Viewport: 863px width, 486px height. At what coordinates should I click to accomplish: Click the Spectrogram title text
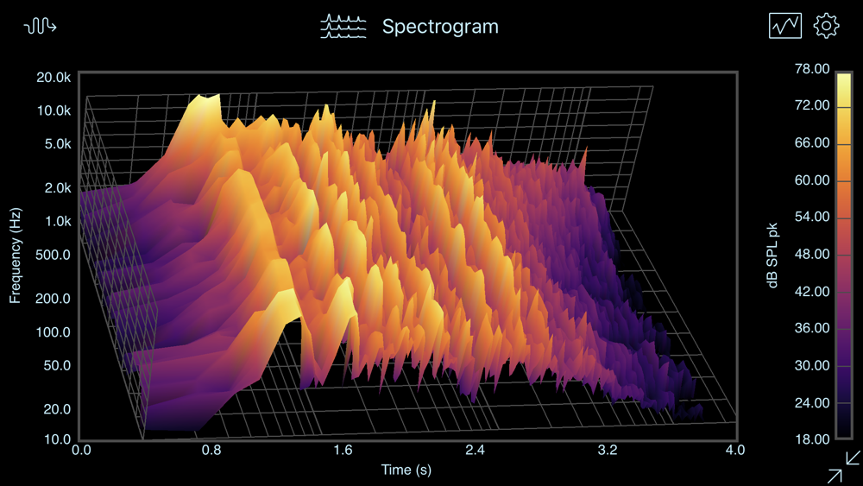point(440,27)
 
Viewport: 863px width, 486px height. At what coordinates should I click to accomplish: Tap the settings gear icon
point(826,26)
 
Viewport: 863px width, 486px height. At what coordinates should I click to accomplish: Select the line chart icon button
point(784,26)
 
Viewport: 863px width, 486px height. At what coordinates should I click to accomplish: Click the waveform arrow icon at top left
point(41,27)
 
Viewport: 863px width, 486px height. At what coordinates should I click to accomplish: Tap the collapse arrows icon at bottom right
point(843,466)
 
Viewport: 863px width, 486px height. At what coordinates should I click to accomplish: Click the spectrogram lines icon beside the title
point(343,27)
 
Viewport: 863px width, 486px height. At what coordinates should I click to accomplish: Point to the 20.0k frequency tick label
point(54,78)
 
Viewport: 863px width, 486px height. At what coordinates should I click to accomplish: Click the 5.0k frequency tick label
point(57,144)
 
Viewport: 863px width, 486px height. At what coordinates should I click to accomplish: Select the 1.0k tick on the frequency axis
point(57,222)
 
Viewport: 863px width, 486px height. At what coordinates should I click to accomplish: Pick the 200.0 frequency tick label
point(54,299)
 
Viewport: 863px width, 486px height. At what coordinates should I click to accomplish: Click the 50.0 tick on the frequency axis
point(56,365)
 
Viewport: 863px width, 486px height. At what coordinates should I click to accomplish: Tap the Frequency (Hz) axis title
point(16,256)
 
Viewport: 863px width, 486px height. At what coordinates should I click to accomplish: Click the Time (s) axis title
point(406,470)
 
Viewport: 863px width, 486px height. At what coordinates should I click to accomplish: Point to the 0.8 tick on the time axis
point(212,450)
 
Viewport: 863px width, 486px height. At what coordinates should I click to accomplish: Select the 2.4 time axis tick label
point(475,450)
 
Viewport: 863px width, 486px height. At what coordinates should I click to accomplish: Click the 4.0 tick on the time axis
point(735,450)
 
